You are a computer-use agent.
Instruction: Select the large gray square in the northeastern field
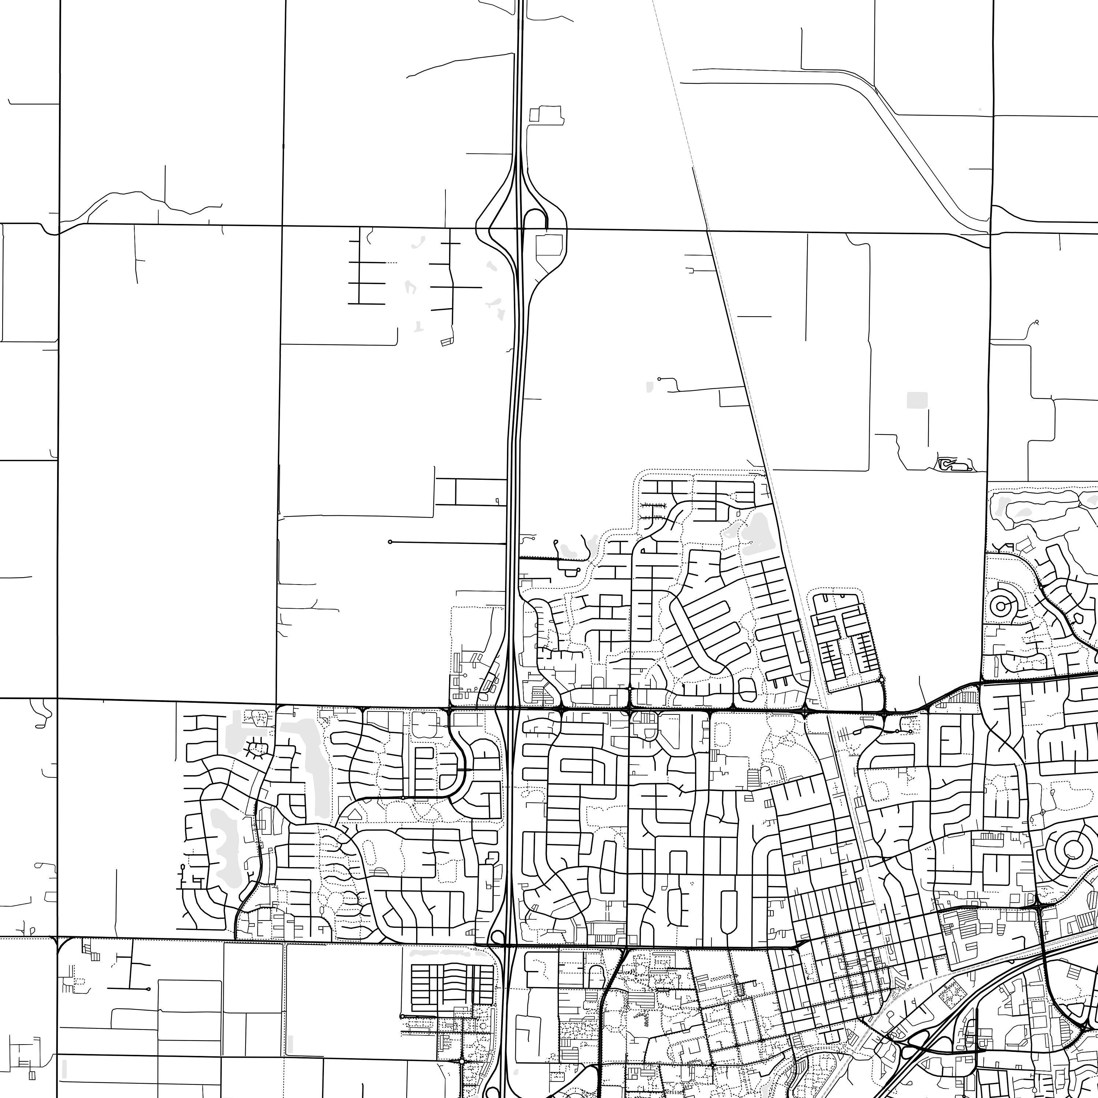click(x=917, y=400)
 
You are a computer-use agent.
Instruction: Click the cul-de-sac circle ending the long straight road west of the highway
click(x=390, y=542)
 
